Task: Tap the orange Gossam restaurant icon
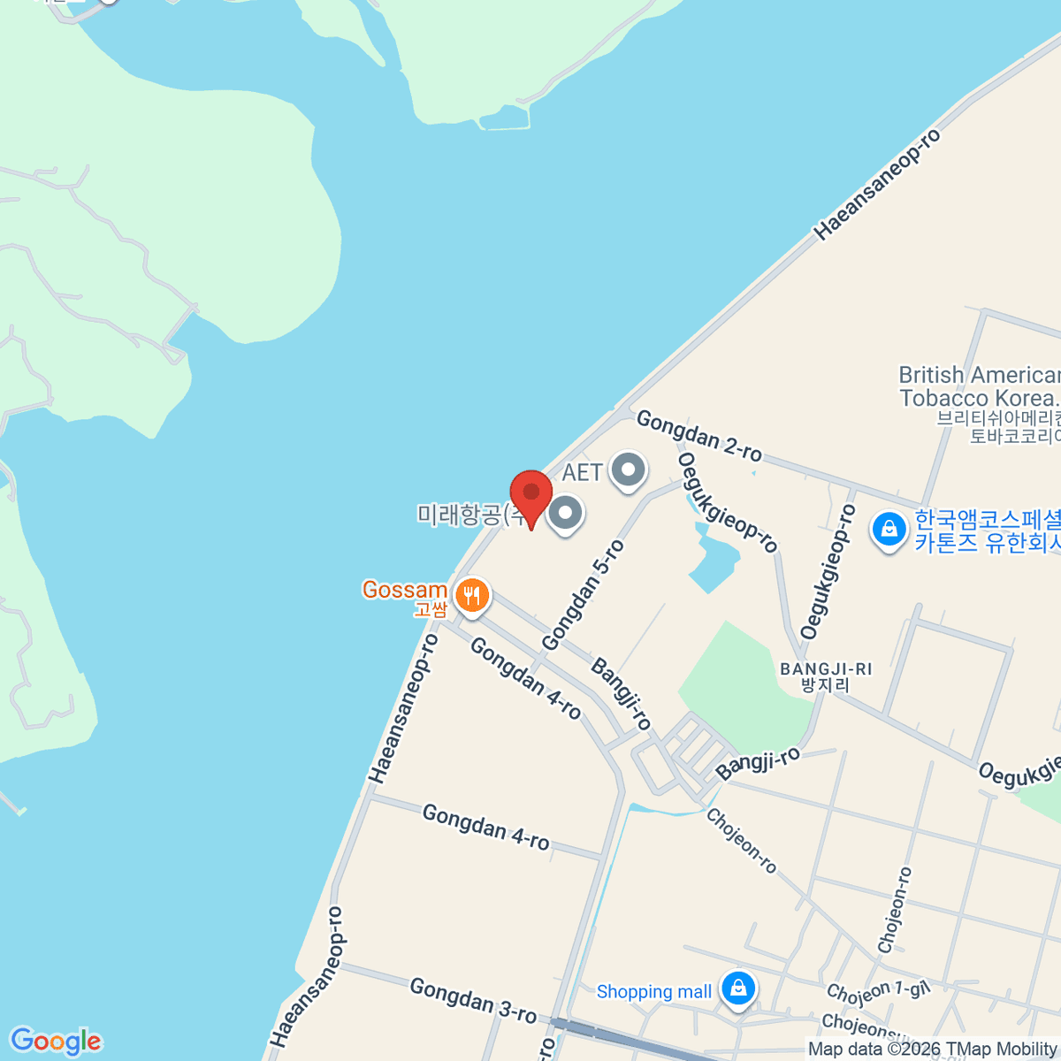tap(473, 595)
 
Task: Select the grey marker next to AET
tap(628, 469)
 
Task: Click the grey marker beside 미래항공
tap(565, 513)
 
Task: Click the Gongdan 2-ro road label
tap(698, 436)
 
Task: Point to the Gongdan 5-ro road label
tap(583, 596)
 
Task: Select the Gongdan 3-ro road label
tap(473, 1001)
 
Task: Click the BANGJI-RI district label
tap(826, 676)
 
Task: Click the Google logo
tap(56, 1042)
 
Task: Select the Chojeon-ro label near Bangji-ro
tap(741, 841)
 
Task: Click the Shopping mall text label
tap(653, 992)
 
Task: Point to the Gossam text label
tap(404, 590)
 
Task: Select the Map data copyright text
tap(933, 1050)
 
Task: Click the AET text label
tap(582, 472)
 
